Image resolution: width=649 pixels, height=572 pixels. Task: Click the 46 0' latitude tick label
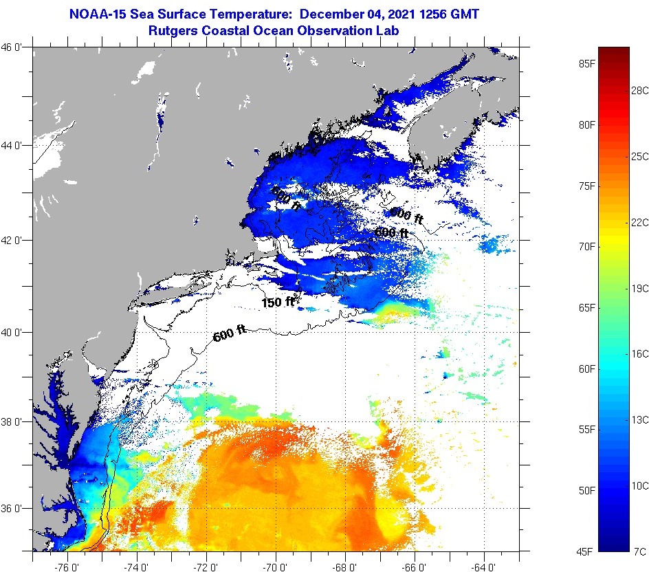click(x=13, y=47)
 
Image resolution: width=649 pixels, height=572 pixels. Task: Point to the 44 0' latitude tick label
click(x=13, y=146)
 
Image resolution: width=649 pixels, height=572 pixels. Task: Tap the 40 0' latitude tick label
click(x=13, y=333)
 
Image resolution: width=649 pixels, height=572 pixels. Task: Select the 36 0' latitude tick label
click(x=13, y=509)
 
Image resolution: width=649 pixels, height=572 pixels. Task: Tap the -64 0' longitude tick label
click(x=484, y=567)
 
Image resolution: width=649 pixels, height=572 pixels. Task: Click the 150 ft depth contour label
click(x=278, y=302)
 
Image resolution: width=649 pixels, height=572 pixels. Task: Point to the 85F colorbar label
click(x=586, y=64)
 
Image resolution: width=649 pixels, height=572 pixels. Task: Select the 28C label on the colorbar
click(x=640, y=90)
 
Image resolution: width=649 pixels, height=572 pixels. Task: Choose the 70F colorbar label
click(x=586, y=247)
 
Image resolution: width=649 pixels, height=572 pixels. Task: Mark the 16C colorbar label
click(x=640, y=353)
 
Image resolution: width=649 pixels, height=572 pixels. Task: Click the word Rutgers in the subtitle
click(x=174, y=31)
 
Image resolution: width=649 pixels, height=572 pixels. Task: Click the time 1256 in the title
click(x=424, y=13)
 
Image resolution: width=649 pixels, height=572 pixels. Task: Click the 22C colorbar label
click(x=640, y=223)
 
